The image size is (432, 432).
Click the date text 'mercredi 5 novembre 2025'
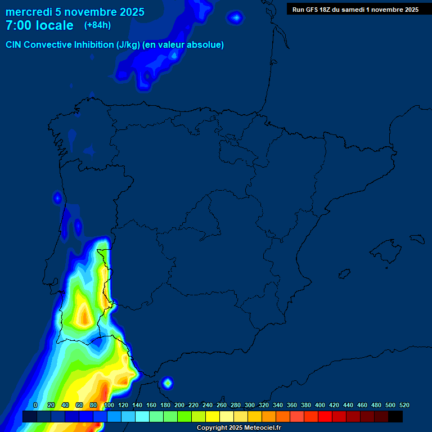pyautogui.click(x=75, y=12)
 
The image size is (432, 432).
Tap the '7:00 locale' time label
pyautogui.click(x=39, y=26)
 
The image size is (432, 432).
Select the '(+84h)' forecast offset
pyautogui.click(x=97, y=25)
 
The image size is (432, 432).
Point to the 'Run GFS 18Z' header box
pyautogui.click(x=355, y=10)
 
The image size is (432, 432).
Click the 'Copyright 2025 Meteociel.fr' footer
pyautogui.click(x=238, y=428)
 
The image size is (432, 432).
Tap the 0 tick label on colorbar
pyautogui.click(x=35, y=405)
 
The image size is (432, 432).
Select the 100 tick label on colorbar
pyautogui.click(x=109, y=405)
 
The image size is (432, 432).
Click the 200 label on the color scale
pyautogui.click(x=179, y=405)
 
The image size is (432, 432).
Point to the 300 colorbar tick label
pyautogui.click(x=250, y=405)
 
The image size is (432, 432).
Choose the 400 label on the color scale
pyautogui.click(x=320, y=405)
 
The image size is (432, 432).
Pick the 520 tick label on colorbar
pyautogui.click(x=404, y=405)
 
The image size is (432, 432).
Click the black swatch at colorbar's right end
pyautogui.click(x=395, y=417)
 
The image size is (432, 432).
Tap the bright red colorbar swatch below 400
pyautogui.click(x=325, y=417)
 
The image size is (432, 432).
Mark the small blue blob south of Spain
pyautogui.click(x=167, y=383)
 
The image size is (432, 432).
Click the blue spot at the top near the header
pyautogui.click(x=236, y=18)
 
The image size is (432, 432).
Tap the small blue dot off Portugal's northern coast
pyautogui.click(x=57, y=198)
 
